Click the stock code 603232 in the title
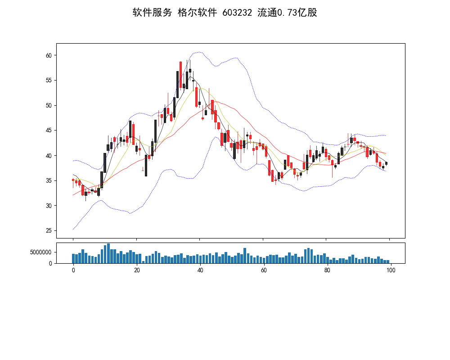[237, 13]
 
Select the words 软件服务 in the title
[152, 13]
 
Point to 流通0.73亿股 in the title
[287, 13]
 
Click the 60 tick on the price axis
[49, 55]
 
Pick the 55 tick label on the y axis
[49, 81]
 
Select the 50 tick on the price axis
[49, 105]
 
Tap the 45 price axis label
[49, 130]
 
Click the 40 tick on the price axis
[49, 156]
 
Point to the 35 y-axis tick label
[49, 181]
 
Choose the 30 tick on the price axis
[49, 206]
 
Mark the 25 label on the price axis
[49, 231]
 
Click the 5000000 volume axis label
[41, 252]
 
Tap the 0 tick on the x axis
[73, 270]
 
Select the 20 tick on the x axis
[136, 270]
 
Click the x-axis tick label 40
[200, 270]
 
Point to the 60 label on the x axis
[264, 270]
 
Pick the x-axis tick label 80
[328, 270]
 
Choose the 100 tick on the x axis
[391, 270]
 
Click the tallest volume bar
[108, 253]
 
